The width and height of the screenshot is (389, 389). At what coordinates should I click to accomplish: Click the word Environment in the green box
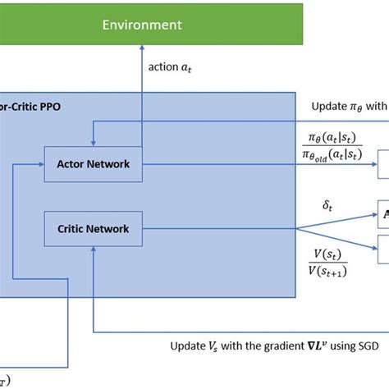point(143,25)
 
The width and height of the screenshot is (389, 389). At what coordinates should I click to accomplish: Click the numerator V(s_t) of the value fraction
point(332,254)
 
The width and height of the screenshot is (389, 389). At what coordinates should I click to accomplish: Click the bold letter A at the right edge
point(385,215)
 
